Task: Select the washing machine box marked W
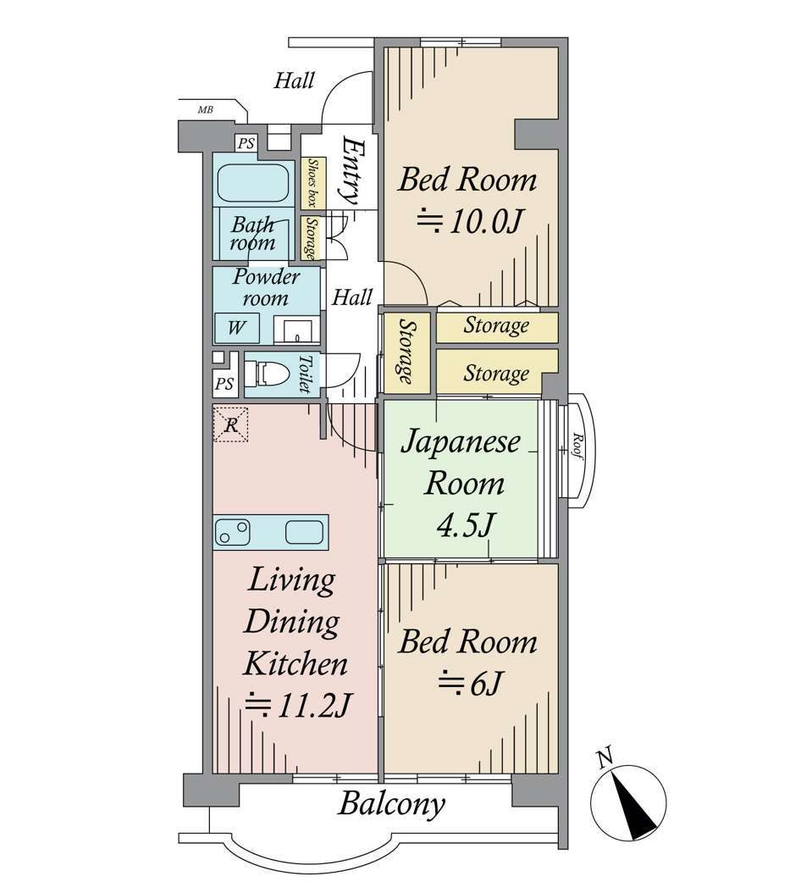237,328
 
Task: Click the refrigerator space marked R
230,424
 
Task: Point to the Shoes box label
312,182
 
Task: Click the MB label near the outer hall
206,109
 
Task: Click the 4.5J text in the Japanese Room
463,525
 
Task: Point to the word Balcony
392,804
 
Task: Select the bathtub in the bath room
253,183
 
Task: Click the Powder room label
266,287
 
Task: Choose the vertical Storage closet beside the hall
406,352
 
